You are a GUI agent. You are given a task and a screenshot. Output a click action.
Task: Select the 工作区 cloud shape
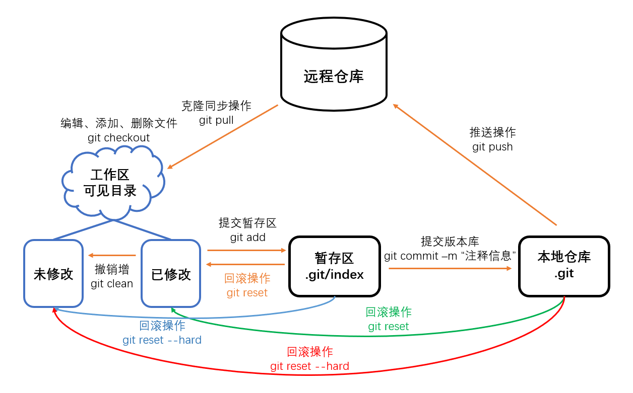(112, 182)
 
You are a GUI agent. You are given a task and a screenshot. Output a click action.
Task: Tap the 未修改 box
(53, 273)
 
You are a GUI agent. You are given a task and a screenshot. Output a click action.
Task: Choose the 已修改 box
(171, 273)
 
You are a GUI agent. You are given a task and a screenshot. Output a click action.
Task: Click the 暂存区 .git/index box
(334, 267)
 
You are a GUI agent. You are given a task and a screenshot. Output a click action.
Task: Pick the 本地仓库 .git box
(564, 266)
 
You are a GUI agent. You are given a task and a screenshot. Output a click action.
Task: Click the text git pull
(216, 120)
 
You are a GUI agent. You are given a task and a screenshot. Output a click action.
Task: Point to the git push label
(492, 147)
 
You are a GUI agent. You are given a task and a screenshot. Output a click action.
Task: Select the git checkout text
(118, 137)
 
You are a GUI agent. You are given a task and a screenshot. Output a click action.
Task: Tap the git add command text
(247, 237)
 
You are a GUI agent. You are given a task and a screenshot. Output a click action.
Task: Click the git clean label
(112, 283)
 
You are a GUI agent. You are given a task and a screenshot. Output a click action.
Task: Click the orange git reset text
(247, 292)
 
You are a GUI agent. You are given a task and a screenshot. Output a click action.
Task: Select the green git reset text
(388, 327)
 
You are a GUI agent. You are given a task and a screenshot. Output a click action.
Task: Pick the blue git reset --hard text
(162, 340)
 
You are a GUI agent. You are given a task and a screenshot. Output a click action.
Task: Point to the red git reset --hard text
(309, 366)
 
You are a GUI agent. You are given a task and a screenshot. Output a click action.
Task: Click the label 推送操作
(492, 132)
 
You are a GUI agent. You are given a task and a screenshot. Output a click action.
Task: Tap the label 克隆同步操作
(216, 106)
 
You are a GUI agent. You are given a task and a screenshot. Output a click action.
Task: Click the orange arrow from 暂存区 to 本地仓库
(450, 268)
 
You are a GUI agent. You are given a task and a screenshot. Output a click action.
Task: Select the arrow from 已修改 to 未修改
(112, 255)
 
